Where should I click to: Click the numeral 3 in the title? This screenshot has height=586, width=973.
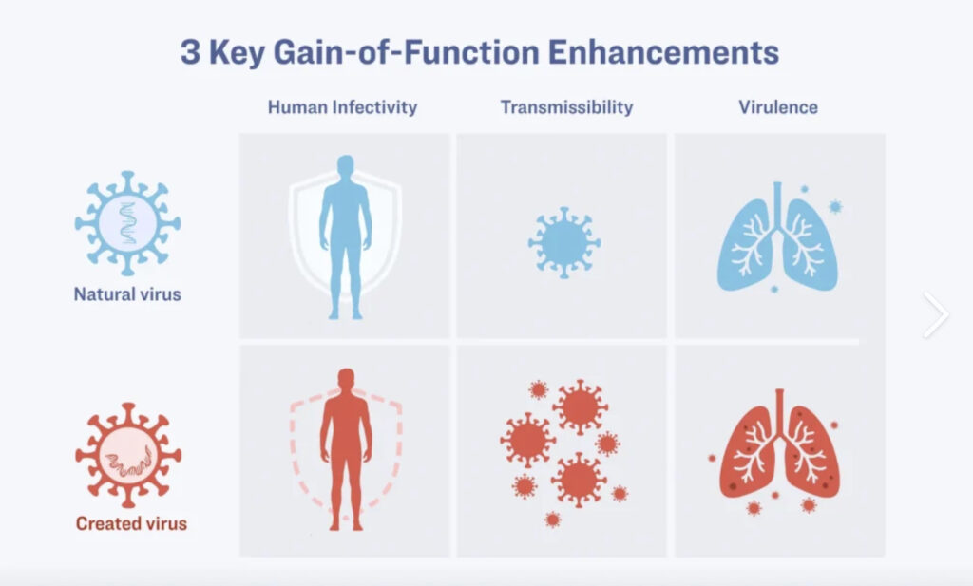coord(190,52)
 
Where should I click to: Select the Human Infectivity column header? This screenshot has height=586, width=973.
coord(342,107)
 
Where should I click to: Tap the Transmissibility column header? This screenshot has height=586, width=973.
coord(567,107)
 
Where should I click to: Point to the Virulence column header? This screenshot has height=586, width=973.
coord(778,107)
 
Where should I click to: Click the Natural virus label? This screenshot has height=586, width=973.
coord(127,293)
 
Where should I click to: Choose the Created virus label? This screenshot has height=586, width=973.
coord(131,523)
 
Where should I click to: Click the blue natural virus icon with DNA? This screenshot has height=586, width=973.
coord(128,223)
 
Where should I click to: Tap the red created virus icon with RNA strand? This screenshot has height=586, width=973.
coord(128,455)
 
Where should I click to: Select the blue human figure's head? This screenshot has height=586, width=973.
coord(346,166)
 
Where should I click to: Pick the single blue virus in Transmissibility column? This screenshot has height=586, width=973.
coord(564,242)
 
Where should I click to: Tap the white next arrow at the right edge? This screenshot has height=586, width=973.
coord(936,314)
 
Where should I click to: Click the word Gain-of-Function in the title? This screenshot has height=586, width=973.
coord(407,52)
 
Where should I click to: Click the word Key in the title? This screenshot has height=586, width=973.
coord(237,53)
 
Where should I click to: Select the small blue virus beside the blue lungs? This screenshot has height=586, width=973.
coord(835,206)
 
